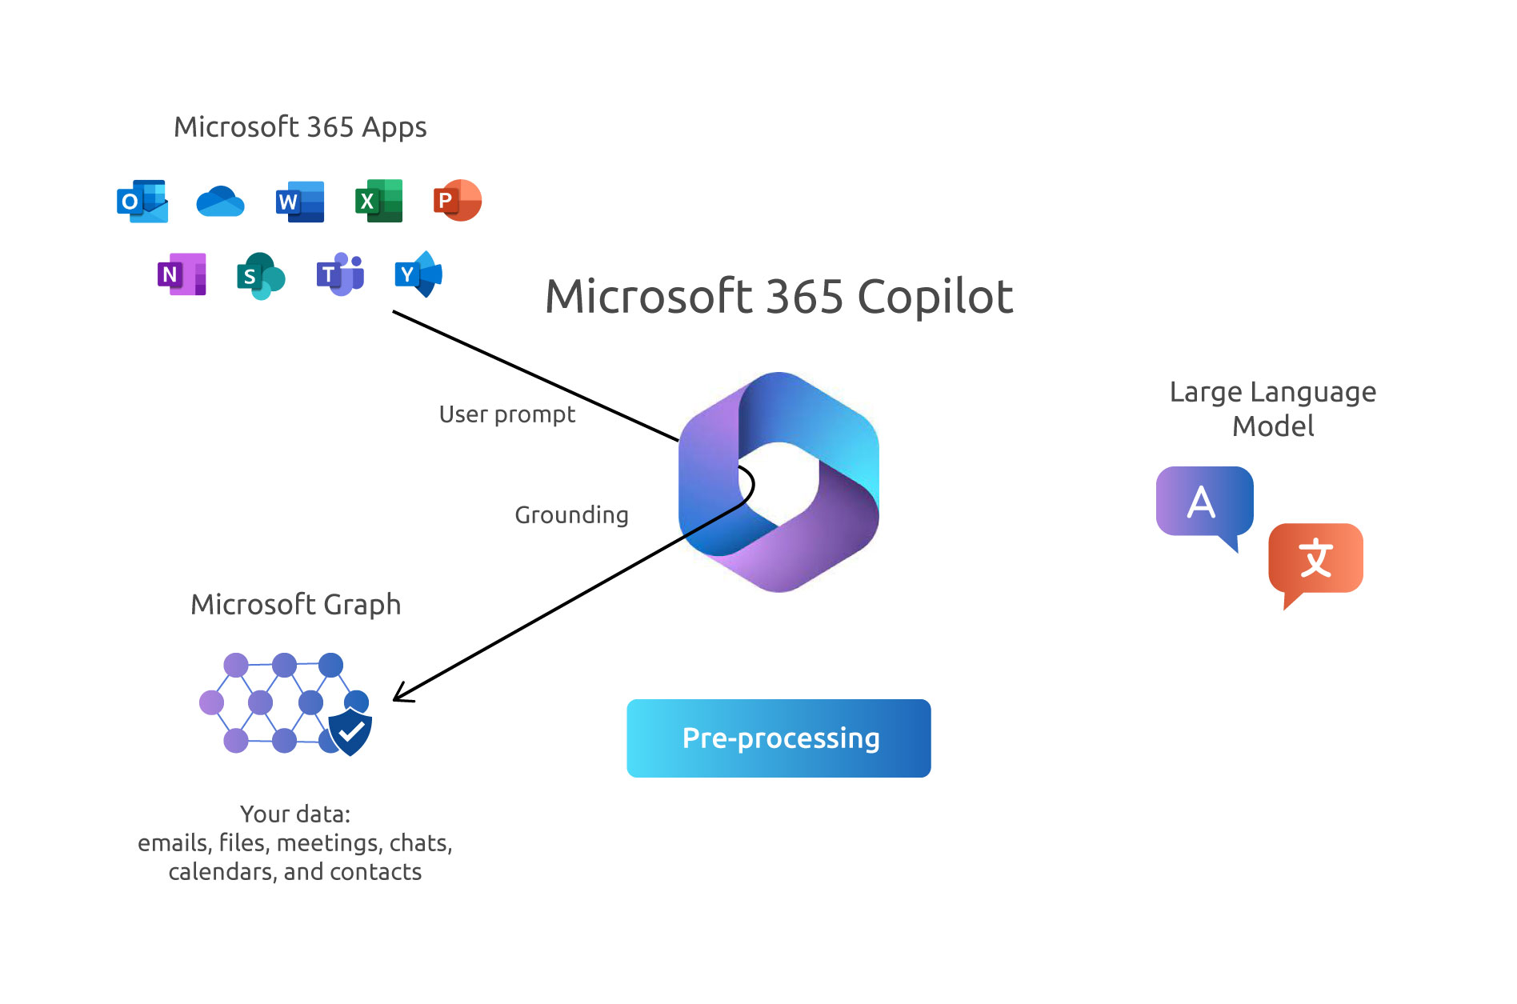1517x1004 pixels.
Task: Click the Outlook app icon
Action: pyautogui.click(x=142, y=202)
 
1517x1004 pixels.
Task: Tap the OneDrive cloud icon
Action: pyautogui.click(x=220, y=202)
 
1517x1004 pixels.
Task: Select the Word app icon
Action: pyautogui.click(x=300, y=202)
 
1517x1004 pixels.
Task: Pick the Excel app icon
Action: pyautogui.click(x=378, y=201)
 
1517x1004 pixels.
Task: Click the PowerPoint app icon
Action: pyautogui.click(x=458, y=200)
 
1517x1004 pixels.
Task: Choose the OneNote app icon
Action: pyautogui.click(x=182, y=274)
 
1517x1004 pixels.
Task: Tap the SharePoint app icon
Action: pyautogui.click(x=261, y=276)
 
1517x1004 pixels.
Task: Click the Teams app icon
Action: pyautogui.click(x=340, y=274)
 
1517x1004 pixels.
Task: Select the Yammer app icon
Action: pyautogui.click(x=418, y=274)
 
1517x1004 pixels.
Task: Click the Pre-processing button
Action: pyautogui.click(x=779, y=738)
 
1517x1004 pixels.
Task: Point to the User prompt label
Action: pyautogui.click(x=507, y=414)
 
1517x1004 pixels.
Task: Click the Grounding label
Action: pyautogui.click(x=571, y=515)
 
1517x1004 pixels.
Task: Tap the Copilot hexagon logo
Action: pyautogui.click(x=779, y=482)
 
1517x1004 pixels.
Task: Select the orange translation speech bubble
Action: pyautogui.click(x=1316, y=559)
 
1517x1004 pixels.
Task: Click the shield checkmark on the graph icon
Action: pyautogui.click(x=350, y=730)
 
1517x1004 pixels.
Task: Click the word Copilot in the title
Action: pyautogui.click(x=935, y=297)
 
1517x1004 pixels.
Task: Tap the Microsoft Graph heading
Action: pyautogui.click(x=295, y=605)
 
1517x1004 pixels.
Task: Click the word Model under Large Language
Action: pyautogui.click(x=1273, y=426)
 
